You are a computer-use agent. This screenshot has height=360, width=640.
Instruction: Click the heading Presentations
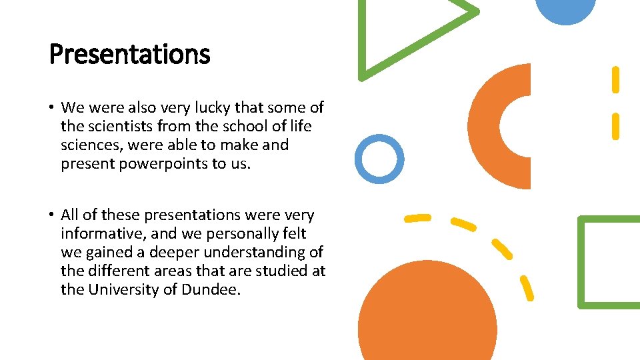(x=129, y=54)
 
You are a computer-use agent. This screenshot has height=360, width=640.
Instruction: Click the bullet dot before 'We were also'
(x=51, y=107)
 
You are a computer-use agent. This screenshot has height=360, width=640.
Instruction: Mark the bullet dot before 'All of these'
(x=51, y=215)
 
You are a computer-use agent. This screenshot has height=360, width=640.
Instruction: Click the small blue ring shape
(x=379, y=159)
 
